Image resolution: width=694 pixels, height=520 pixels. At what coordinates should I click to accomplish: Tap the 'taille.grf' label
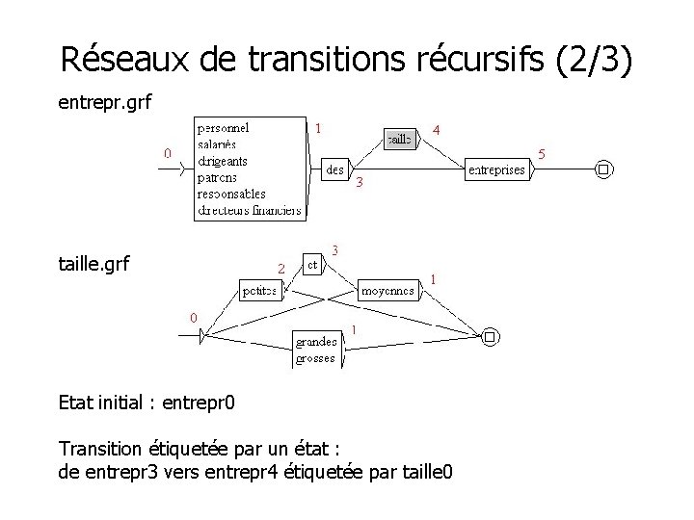click(94, 262)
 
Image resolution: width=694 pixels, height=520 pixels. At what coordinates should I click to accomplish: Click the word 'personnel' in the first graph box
click(224, 127)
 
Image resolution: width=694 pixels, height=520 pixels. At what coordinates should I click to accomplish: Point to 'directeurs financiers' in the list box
click(249, 210)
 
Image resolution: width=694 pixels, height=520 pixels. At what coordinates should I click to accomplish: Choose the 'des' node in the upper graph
click(334, 169)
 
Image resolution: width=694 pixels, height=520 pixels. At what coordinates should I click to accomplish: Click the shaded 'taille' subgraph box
click(399, 139)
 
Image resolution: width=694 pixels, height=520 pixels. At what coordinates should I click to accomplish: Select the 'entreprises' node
click(495, 169)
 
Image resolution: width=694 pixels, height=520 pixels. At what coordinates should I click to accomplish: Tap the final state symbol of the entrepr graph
click(603, 169)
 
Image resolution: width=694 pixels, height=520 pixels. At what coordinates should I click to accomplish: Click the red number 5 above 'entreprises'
click(541, 153)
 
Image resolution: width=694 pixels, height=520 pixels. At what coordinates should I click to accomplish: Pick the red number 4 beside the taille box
click(437, 129)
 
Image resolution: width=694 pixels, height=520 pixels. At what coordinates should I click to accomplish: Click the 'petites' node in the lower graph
click(259, 289)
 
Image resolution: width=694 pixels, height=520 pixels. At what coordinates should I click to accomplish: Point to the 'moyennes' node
click(388, 289)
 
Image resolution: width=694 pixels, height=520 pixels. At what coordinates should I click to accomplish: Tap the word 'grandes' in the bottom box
click(315, 342)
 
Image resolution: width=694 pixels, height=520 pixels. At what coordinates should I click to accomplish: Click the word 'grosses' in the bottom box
click(315, 358)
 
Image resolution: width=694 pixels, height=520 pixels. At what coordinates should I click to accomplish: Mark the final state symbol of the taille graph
click(490, 336)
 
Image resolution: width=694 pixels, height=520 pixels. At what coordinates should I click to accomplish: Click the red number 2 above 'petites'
click(280, 267)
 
